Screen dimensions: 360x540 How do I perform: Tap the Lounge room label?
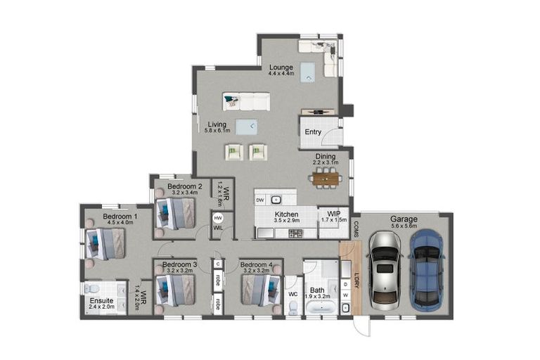281,68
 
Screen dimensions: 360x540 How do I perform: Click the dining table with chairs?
326,179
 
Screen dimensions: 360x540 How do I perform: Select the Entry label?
312,132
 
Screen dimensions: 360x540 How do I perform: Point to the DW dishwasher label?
260,200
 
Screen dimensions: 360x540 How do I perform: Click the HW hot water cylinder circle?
218,218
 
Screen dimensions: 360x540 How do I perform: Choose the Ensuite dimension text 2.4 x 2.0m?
101,307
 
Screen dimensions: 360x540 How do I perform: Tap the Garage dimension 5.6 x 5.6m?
404,226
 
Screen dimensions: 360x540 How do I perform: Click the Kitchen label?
287,214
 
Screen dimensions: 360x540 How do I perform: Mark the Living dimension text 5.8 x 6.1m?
217,131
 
